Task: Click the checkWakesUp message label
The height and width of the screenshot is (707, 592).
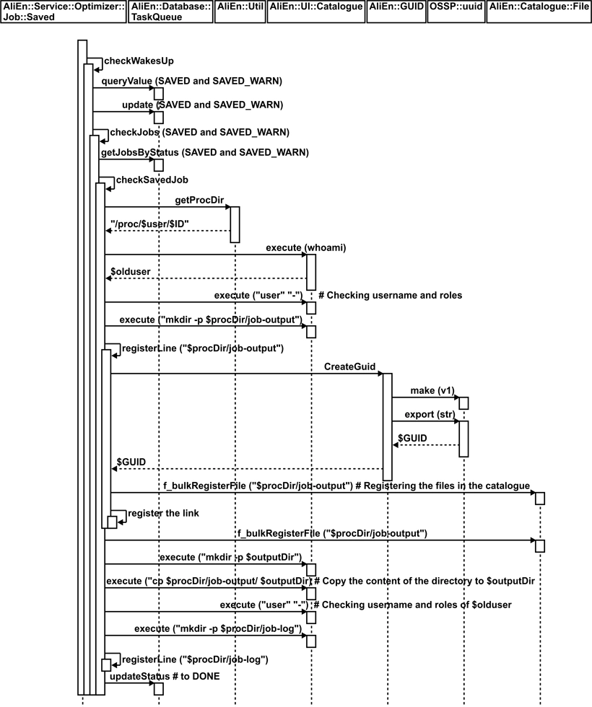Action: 139,61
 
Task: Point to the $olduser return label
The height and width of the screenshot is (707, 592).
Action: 130,271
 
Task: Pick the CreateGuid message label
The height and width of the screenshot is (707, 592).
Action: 349,366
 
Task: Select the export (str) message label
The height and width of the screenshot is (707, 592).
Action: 425,414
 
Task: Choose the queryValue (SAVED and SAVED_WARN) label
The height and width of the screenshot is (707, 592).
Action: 192,80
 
